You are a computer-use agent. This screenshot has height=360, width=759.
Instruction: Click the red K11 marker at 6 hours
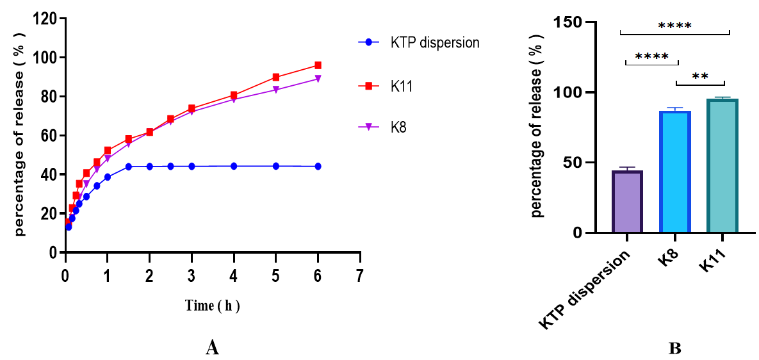(318, 65)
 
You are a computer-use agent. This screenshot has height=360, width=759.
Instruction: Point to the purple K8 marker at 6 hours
(318, 79)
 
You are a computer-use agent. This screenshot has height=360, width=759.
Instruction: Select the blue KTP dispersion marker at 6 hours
(318, 166)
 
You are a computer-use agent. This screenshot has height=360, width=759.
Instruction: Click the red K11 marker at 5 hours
(275, 77)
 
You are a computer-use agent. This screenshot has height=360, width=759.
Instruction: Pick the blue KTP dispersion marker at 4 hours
(234, 166)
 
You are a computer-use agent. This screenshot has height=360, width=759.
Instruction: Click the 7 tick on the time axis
(360, 275)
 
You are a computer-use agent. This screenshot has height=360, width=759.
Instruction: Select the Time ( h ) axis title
(213, 306)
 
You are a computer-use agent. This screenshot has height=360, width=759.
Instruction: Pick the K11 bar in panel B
(722, 166)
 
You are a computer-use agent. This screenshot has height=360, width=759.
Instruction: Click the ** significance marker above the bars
(700, 76)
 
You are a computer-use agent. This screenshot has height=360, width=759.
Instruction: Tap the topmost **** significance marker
(674, 26)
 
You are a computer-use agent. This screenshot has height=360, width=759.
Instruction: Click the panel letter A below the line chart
(213, 348)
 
